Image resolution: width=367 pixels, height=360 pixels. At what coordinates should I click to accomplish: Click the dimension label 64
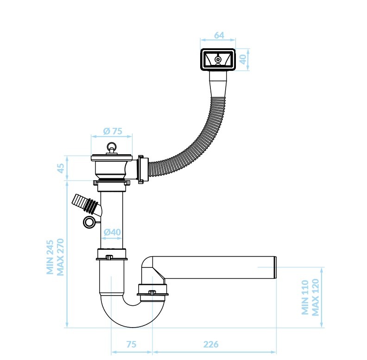[219, 35]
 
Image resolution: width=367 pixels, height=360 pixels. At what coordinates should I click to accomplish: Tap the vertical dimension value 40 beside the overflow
[243, 59]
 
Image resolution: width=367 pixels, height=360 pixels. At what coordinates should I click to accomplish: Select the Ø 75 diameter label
[113, 131]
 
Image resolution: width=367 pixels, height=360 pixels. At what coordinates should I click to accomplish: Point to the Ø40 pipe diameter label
[112, 232]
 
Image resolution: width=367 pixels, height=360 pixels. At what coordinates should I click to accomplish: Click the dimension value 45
[61, 168]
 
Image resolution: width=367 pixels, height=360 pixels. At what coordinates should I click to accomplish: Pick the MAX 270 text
[60, 257]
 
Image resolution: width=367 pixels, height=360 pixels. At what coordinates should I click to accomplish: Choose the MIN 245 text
[50, 257]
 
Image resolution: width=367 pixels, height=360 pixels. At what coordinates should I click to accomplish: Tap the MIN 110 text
[305, 297]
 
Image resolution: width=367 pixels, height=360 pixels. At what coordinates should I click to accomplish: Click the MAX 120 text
[315, 297]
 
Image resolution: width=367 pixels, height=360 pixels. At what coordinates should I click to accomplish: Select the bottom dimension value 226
[211, 344]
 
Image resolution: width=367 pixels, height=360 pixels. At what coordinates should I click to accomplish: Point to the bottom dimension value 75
[131, 344]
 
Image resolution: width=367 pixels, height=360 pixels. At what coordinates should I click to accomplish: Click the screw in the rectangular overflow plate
[218, 59]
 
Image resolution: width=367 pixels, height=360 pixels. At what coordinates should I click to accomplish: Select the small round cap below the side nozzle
[89, 222]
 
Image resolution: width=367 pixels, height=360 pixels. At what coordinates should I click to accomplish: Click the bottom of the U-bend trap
[133, 324]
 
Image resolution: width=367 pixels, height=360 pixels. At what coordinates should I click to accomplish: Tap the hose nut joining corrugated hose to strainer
[143, 169]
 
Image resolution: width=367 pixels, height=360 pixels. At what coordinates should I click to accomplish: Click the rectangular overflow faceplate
[218, 59]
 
